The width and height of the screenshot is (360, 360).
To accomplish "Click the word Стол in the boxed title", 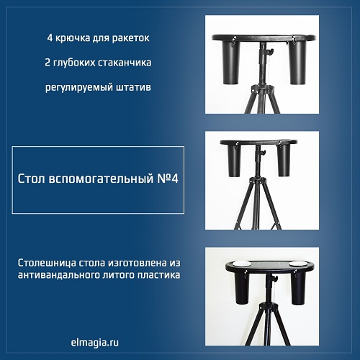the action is tap(31, 179).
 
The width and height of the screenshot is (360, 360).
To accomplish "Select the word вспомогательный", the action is tap(101, 179).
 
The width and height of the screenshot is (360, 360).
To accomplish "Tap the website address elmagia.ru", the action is tap(95, 342).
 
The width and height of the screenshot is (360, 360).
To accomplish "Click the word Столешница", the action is tap(47, 264).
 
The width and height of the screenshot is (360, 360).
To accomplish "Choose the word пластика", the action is tap(159, 275).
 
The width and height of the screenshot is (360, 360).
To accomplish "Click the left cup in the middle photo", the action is tap(234, 160).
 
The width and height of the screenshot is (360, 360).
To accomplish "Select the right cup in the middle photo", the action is tap(284, 160).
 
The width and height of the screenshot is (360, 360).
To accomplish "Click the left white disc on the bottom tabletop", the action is tap(240, 264).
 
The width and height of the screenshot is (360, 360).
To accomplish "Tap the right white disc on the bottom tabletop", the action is tap(297, 264).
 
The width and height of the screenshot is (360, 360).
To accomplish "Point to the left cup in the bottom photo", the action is tap(242, 288).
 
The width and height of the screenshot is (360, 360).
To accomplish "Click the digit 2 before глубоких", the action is tap(47, 63).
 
